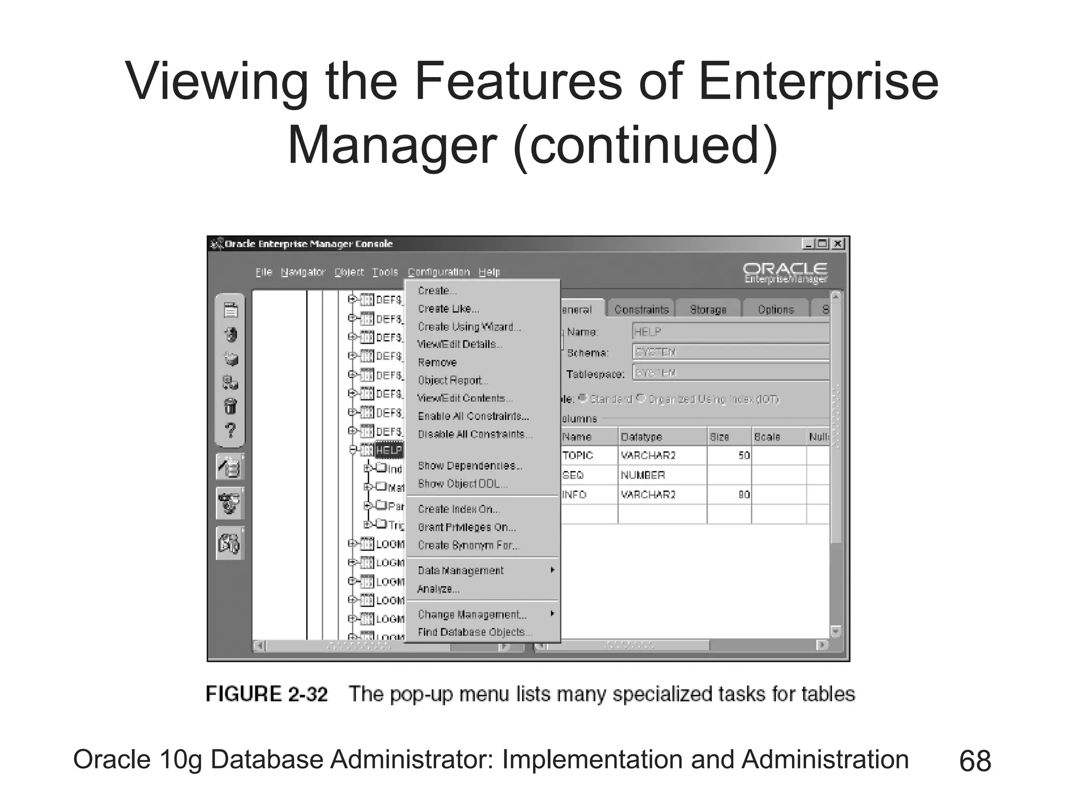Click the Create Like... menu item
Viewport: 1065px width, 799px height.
(x=448, y=309)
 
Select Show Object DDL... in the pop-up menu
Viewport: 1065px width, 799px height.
(x=462, y=484)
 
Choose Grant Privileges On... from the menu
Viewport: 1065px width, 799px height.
(x=466, y=527)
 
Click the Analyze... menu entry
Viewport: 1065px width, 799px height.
(x=438, y=589)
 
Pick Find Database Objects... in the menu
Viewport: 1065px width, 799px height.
(x=475, y=632)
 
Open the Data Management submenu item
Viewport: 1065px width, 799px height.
(x=461, y=571)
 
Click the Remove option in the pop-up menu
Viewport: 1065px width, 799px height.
(x=437, y=363)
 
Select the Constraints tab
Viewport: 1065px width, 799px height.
(x=641, y=310)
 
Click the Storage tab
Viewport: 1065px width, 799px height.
(x=708, y=310)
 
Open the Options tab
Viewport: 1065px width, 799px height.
(x=775, y=310)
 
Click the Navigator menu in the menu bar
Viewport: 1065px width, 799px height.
(x=303, y=272)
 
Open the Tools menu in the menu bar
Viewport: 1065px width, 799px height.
(x=385, y=272)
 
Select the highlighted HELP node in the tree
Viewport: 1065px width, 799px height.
(x=388, y=450)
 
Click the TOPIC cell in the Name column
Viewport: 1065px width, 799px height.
(x=577, y=456)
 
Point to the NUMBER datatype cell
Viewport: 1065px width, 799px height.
(x=643, y=475)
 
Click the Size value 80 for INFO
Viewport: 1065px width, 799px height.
(x=744, y=495)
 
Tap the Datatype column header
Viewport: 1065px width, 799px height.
(x=641, y=437)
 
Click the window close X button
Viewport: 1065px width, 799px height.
(x=838, y=244)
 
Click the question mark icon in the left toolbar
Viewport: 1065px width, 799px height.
(x=230, y=431)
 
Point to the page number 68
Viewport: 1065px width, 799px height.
(x=975, y=761)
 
